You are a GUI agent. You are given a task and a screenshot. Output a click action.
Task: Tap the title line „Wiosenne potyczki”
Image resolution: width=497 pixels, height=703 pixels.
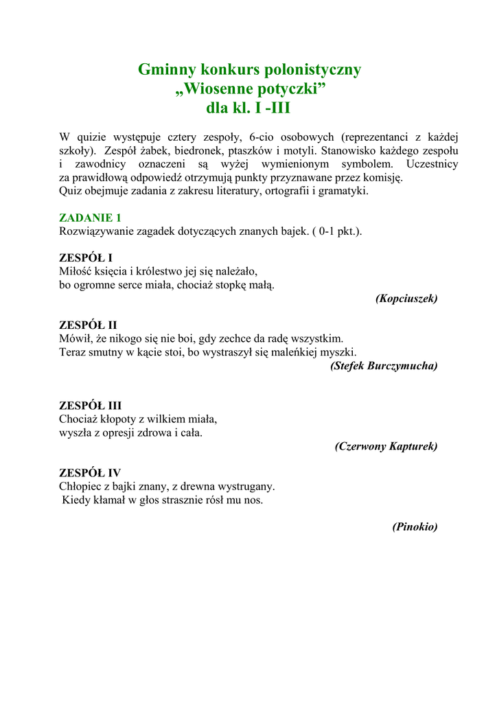249,89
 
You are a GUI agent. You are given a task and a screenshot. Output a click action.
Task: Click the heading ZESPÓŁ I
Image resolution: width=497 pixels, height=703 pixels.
86,257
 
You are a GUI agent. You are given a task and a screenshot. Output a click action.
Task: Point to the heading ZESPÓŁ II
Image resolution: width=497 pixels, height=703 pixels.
88,325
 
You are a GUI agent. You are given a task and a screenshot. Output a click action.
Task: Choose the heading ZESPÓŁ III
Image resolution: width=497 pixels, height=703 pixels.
90,405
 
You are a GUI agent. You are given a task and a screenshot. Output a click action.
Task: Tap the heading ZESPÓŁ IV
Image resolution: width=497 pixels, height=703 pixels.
90,472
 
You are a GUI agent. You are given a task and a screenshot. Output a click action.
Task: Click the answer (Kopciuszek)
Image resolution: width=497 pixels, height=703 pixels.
406,299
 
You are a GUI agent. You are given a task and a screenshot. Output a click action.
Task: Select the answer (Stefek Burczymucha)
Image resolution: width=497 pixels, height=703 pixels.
384,366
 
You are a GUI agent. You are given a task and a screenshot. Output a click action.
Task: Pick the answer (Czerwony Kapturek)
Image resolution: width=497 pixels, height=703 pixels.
386,446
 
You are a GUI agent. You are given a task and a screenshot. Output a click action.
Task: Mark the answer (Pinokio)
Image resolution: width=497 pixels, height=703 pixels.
415,527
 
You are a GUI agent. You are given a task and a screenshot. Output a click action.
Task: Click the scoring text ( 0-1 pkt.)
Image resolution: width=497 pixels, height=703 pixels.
336,231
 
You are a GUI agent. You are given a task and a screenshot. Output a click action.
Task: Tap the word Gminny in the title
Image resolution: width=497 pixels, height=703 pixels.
166,69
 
